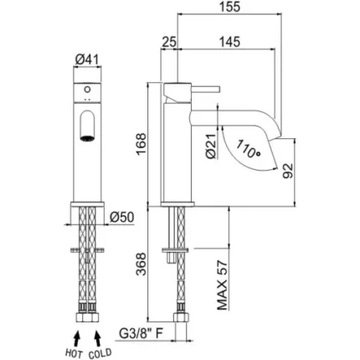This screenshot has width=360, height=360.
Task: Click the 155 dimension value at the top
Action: pos(229,7)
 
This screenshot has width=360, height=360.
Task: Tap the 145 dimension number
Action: pos(229,42)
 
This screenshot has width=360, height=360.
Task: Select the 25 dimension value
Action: pos(169,42)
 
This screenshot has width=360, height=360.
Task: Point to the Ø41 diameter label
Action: pos(87,59)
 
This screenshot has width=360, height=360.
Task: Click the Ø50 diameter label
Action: pos(121,217)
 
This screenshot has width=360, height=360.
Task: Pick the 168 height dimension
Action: pos(141,144)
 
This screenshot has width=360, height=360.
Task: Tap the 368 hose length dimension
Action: pos(141,264)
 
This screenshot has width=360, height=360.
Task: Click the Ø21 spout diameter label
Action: pos(211,147)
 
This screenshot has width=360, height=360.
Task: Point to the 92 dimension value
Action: pos(288,171)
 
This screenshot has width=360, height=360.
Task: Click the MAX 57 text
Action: pos(223,285)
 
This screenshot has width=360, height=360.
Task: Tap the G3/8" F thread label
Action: pos(141,333)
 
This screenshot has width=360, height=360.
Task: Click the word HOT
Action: pos(74,353)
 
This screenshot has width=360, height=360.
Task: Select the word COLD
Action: pos(100,353)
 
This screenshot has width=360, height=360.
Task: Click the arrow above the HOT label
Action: pos(76,338)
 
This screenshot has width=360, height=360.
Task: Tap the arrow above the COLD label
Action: pos(97,338)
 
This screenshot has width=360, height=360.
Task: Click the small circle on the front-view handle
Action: pos(87,90)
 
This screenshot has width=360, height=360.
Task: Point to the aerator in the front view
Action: pos(87,138)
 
